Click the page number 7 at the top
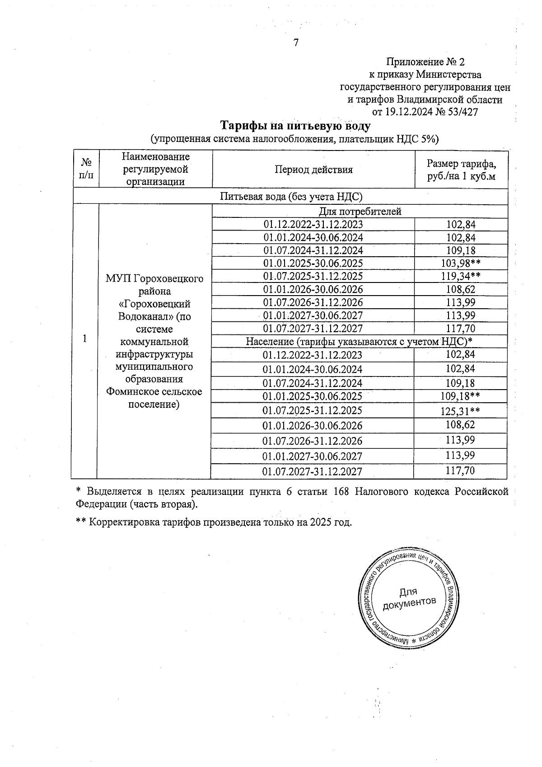[x=296, y=43]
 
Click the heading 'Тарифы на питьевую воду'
[x=295, y=125]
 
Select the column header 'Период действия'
[x=313, y=170]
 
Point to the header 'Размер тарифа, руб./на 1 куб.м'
[x=461, y=170]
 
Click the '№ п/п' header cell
[x=85, y=169]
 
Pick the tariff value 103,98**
[x=460, y=264]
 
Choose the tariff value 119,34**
[x=460, y=276]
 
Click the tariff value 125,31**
[x=460, y=410]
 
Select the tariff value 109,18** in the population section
[x=460, y=396]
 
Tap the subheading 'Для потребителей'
[x=360, y=212]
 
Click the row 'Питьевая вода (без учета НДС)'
[x=291, y=196]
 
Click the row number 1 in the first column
[x=85, y=339]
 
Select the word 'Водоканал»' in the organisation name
[x=143, y=316]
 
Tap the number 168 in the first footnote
[x=341, y=491]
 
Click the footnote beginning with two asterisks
[x=214, y=522]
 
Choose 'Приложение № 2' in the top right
[x=425, y=62]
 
